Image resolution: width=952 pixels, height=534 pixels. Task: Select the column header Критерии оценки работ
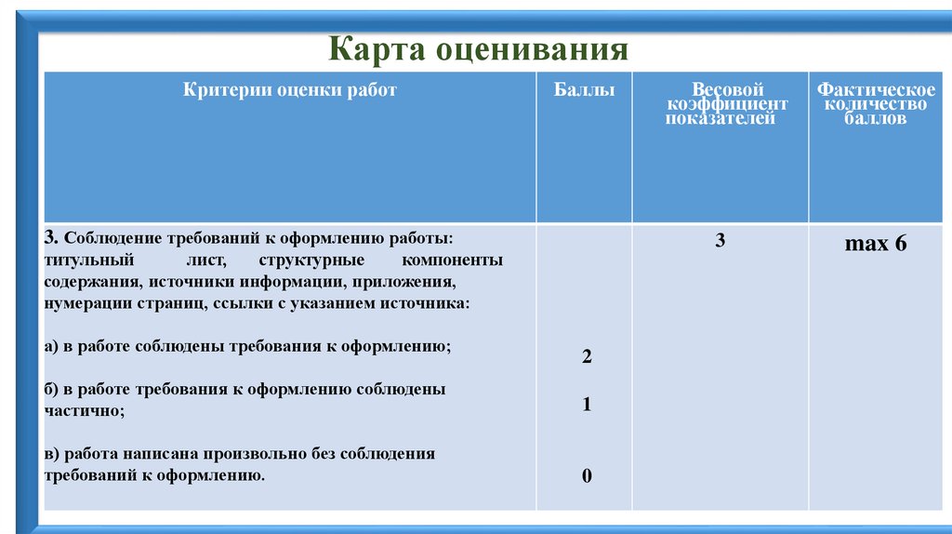click(x=290, y=90)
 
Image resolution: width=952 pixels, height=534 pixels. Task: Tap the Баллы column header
click(x=584, y=90)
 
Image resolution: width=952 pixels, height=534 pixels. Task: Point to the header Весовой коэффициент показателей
click(x=720, y=104)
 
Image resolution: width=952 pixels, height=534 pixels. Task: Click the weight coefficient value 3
click(x=720, y=241)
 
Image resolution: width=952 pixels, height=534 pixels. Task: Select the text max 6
click(x=875, y=245)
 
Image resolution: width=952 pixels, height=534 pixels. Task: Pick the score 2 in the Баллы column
click(x=587, y=357)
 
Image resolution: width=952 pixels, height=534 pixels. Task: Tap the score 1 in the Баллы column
click(x=587, y=405)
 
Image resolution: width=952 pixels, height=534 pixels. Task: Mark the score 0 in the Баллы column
click(x=587, y=476)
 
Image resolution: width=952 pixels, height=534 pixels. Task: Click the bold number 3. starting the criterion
click(x=52, y=239)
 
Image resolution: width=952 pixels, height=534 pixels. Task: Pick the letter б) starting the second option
click(x=52, y=389)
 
